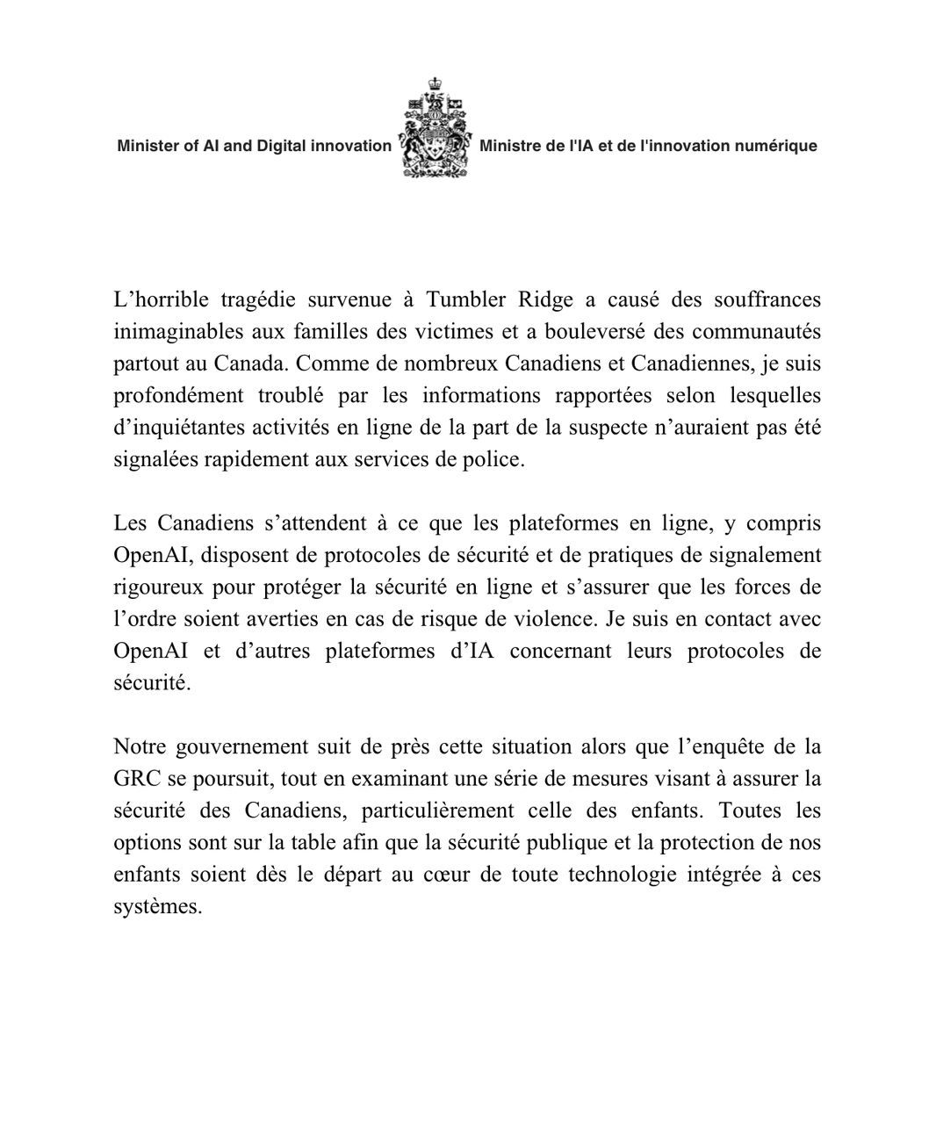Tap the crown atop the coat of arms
tap(435, 85)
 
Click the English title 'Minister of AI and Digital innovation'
tap(254, 146)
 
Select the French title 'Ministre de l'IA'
tap(648, 146)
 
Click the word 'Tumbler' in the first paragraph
tap(465, 299)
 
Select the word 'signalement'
tap(765, 555)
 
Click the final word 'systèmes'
tap(158, 907)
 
